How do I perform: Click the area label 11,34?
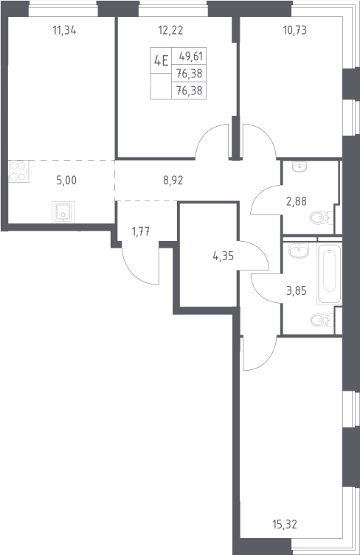(64, 31)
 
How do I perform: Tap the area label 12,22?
(171, 31)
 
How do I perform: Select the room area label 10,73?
(295, 31)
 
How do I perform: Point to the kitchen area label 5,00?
(66, 181)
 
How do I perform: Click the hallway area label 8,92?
(173, 181)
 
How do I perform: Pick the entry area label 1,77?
(141, 232)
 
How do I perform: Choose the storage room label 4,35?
(224, 256)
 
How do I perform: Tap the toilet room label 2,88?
(297, 201)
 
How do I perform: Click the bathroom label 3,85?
(297, 291)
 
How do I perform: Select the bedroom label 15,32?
(285, 524)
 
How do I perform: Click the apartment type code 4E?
(161, 61)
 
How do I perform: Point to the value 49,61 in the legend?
(190, 56)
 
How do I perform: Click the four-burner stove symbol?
(19, 171)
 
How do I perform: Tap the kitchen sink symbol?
(63, 212)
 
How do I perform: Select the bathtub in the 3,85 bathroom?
(330, 274)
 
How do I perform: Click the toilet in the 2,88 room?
(322, 217)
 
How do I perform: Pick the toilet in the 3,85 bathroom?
(322, 321)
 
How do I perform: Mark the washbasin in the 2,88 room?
(300, 167)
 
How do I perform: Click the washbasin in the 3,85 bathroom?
(299, 251)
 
